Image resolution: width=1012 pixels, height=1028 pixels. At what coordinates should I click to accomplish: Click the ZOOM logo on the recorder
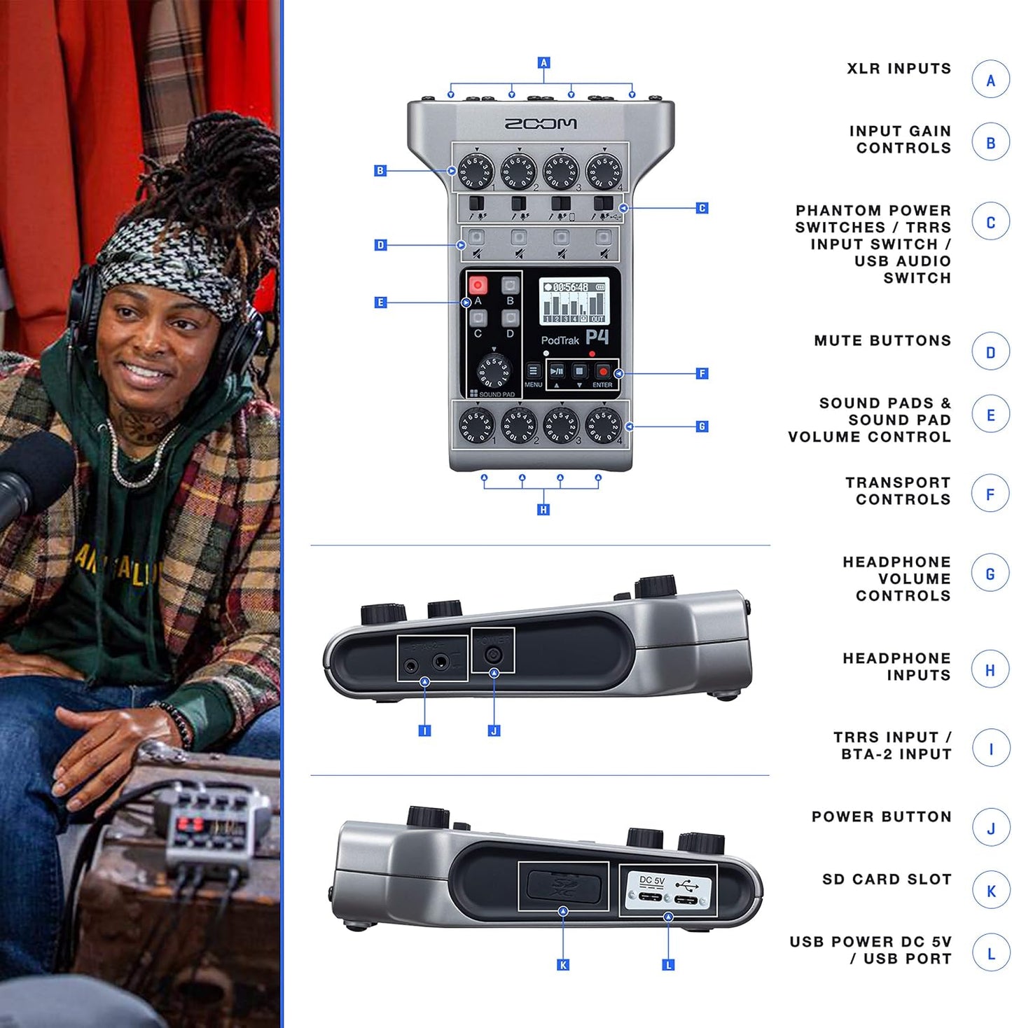[x=541, y=123]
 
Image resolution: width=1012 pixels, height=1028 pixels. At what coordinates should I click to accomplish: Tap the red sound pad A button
[x=478, y=285]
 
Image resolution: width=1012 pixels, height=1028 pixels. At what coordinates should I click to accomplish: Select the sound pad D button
[x=510, y=318]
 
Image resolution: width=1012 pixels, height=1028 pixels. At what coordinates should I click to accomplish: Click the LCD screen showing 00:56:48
[x=574, y=302]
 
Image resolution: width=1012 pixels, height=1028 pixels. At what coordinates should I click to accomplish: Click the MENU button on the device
[x=533, y=371]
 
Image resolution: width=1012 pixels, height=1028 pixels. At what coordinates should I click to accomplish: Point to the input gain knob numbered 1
[x=476, y=172]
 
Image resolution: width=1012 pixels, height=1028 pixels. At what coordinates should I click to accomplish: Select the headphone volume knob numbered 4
[x=603, y=425]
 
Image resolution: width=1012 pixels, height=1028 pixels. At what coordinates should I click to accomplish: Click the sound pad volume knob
[x=494, y=371]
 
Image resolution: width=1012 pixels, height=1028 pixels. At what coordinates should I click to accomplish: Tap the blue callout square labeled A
[x=543, y=62]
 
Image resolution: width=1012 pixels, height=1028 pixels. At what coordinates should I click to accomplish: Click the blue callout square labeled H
[x=543, y=510]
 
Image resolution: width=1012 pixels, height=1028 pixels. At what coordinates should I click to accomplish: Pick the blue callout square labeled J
[x=494, y=730]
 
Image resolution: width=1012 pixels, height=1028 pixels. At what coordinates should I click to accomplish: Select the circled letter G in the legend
[x=990, y=574]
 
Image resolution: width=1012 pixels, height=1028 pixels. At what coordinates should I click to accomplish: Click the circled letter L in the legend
[x=990, y=953]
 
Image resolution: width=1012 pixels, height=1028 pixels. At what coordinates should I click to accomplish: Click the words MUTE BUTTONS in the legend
[x=882, y=341]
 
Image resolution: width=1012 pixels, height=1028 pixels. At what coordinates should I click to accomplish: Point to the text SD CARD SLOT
[x=887, y=880]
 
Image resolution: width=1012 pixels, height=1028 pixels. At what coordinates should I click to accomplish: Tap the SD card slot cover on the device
[x=563, y=885]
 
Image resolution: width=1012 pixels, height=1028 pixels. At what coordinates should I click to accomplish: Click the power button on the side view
[x=494, y=655]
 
